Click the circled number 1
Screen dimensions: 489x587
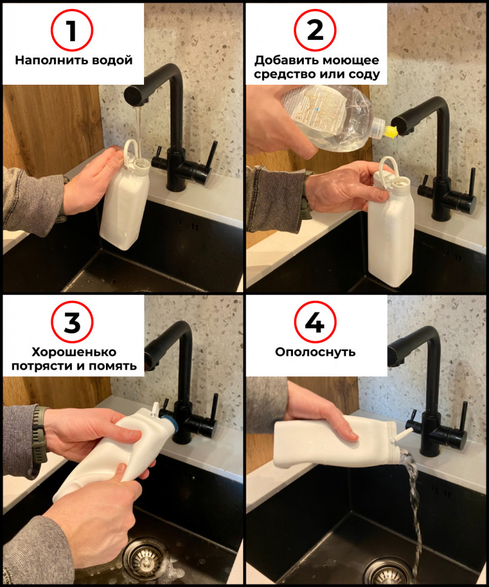[71, 30]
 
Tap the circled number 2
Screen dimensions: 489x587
[315, 30]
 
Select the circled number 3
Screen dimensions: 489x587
[72, 322]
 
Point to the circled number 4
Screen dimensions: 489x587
[315, 322]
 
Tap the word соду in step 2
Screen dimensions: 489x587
[364, 74]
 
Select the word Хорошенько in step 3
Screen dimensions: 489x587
[74, 352]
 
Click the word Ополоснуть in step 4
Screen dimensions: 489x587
[315, 352]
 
